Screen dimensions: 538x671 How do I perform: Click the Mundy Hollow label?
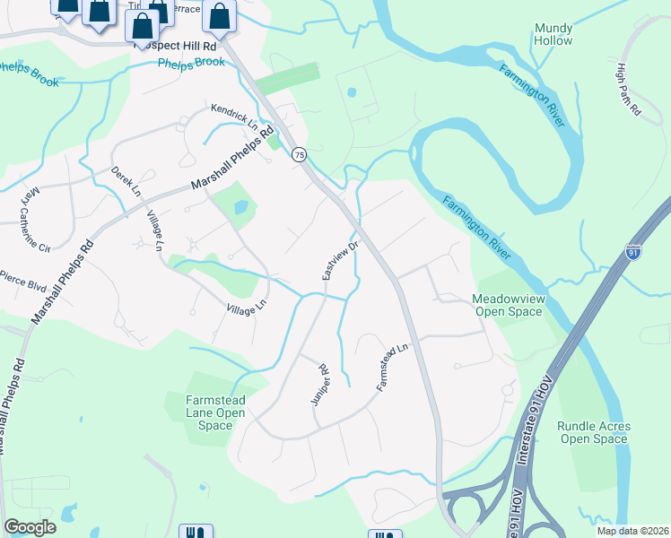pyautogui.click(x=553, y=35)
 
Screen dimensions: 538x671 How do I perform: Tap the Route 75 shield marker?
pyautogui.click(x=300, y=154)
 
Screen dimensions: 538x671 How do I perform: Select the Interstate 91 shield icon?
pyautogui.click(x=633, y=254)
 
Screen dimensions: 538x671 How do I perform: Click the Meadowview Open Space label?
pyautogui.click(x=507, y=305)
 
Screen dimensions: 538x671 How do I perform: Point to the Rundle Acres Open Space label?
pyautogui.click(x=593, y=432)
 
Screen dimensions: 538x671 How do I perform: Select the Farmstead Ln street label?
pyautogui.click(x=393, y=365)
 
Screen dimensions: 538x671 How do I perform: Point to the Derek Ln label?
pyautogui.click(x=126, y=179)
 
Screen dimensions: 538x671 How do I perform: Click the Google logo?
pyautogui.click(x=30, y=527)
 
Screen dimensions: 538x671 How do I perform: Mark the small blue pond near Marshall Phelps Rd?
pyautogui.click(x=240, y=207)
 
